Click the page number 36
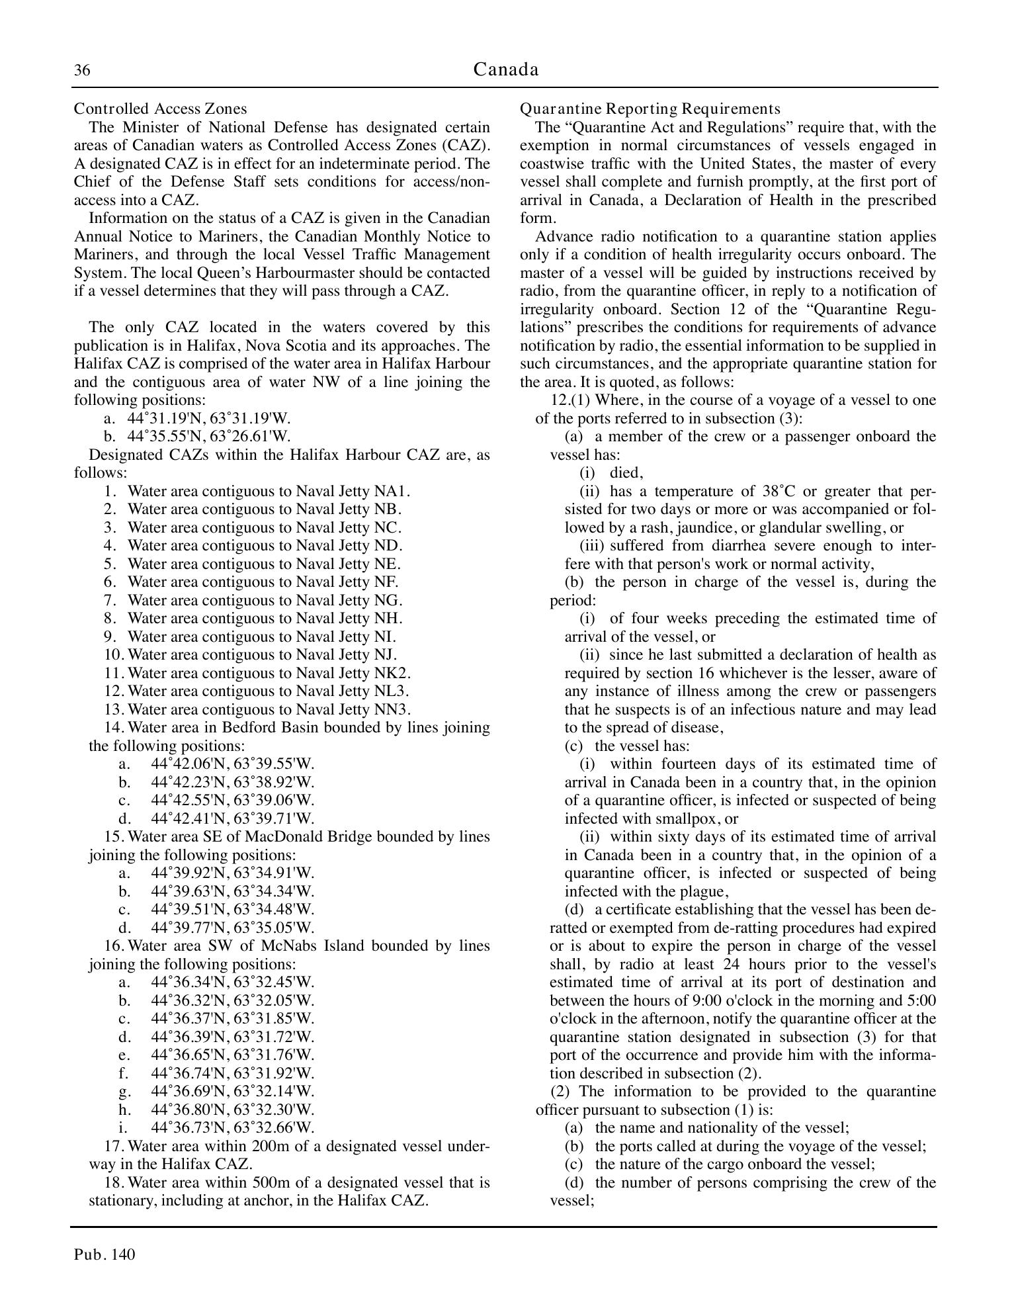(82, 71)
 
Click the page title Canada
(506, 69)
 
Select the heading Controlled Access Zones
(160, 109)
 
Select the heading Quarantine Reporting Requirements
(650, 109)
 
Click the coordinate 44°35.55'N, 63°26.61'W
(209, 436)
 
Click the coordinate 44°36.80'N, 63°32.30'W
(233, 1109)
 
